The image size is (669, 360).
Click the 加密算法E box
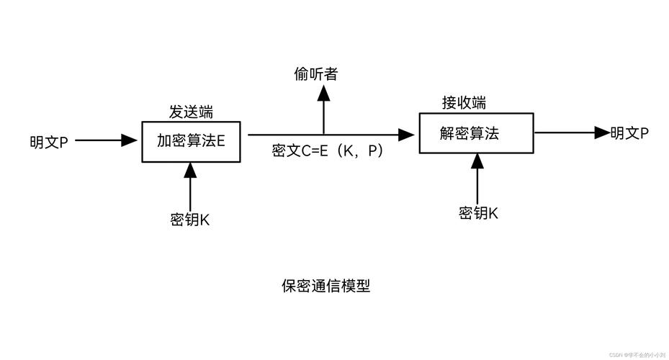coord(191,141)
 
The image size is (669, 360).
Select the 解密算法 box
coord(476,133)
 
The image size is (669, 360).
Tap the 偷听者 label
coord(315,73)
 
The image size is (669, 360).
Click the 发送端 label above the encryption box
coord(191,112)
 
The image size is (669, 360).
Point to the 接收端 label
coord(464,103)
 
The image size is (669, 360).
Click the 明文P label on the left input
coord(49,141)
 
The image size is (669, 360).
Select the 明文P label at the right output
coord(629,132)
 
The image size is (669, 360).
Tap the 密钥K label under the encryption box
coord(190,220)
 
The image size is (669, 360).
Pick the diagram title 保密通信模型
coord(325,286)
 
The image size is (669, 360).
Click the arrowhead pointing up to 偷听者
coord(323,93)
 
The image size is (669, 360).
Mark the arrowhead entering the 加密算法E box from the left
coord(130,140)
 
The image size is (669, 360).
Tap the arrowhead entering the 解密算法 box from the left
coord(408,134)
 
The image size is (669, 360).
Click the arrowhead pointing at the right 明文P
coord(601,132)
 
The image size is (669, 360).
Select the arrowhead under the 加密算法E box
coord(190,170)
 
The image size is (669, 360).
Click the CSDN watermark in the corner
coord(637,354)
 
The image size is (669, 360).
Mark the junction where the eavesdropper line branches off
coord(323,134)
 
